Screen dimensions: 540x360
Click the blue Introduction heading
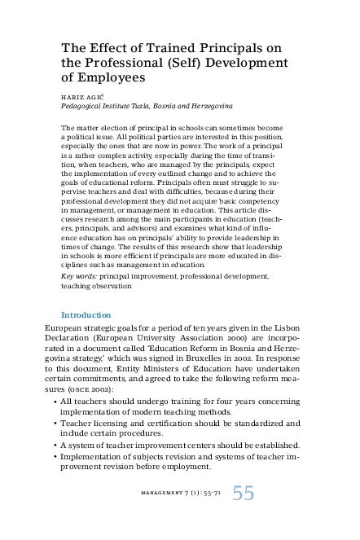(x=86, y=314)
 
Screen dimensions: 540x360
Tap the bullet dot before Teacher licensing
(x=55, y=424)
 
